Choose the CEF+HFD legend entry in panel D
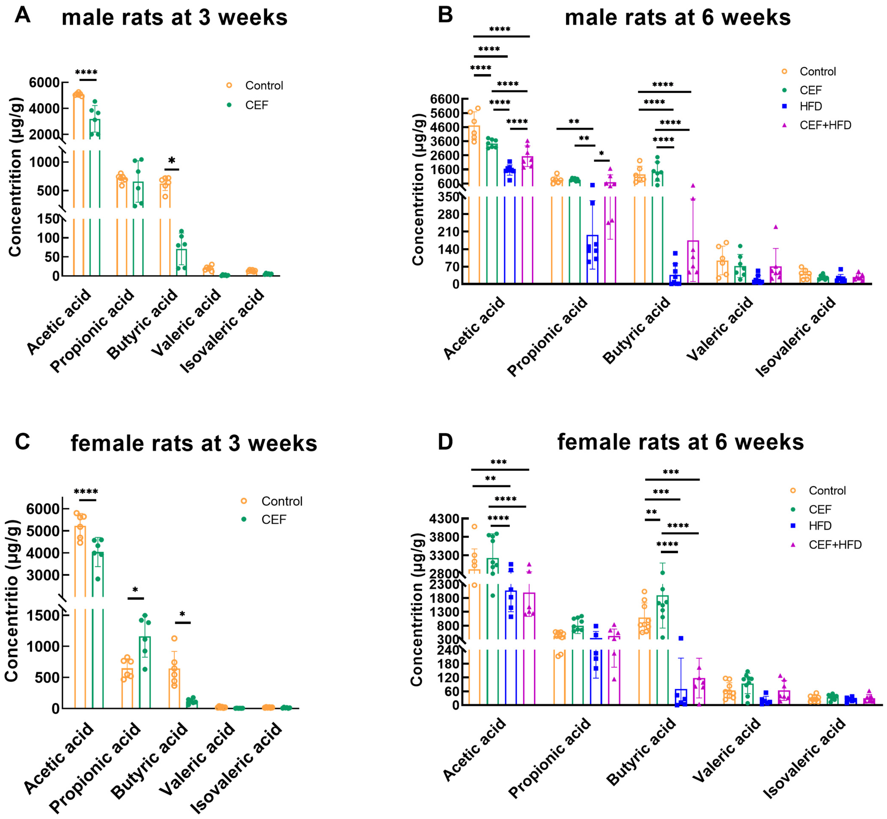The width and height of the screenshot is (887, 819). click(835, 545)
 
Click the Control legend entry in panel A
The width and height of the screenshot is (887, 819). click(264, 86)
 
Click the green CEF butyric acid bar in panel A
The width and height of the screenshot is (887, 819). click(182, 262)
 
